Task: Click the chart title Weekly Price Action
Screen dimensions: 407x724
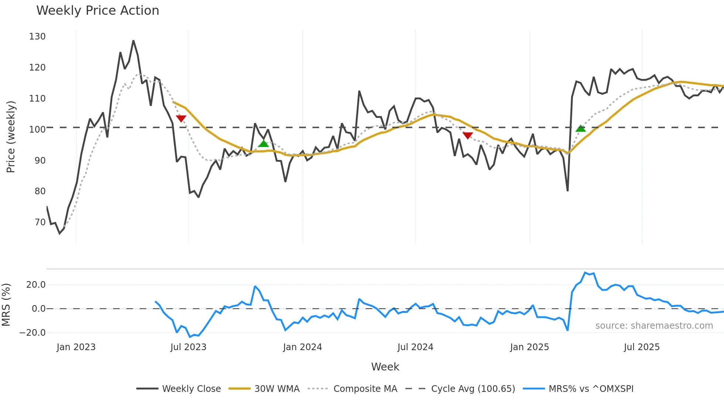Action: pyautogui.click(x=98, y=11)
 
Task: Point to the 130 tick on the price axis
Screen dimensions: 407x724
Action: pyautogui.click(x=37, y=37)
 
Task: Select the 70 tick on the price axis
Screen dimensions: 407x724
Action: pyautogui.click(x=40, y=222)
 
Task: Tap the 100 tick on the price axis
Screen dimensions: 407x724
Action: pyautogui.click(x=37, y=130)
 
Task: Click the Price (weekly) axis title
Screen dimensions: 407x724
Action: pyautogui.click(x=11, y=137)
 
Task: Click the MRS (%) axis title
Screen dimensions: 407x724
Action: pyautogui.click(x=6, y=305)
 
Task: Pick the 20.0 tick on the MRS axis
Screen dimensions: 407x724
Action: pyautogui.click(x=36, y=285)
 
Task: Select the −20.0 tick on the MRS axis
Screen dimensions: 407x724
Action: pyautogui.click(x=33, y=333)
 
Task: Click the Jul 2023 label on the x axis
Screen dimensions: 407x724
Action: pyautogui.click(x=188, y=347)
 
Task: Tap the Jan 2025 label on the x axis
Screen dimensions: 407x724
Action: pyautogui.click(x=529, y=347)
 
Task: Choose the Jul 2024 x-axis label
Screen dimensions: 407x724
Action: pyautogui.click(x=415, y=347)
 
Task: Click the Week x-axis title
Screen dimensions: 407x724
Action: pyautogui.click(x=385, y=367)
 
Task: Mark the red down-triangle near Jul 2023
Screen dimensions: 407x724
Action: pyautogui.click(x=181, y=119)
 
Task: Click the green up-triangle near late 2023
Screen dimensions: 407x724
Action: pyautogui.click(x=263, y=143)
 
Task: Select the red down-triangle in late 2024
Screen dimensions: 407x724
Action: pyautogui.click(x=468, y=136)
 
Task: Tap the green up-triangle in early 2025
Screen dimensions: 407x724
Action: pyautogui.click(x=581, y=129)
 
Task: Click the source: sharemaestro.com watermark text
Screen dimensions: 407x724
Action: pyautogui.click(x=654, y=326)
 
